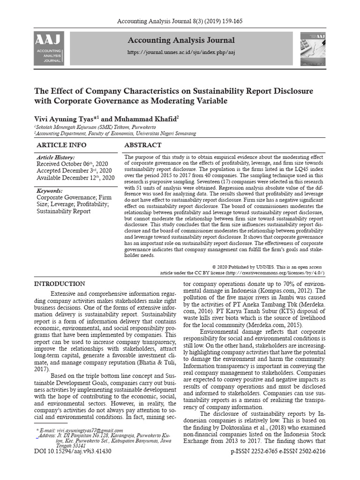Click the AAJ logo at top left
[49, 49]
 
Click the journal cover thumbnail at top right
[313, 49]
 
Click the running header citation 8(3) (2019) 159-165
[180, 22]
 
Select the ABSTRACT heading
[143, 145]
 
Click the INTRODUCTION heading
[60, 284]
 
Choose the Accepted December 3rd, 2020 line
[74, 171]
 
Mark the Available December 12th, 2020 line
[75, 178]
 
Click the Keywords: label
[50, 191]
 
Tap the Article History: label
[55, 157]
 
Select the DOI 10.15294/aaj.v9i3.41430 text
[73, 451]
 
